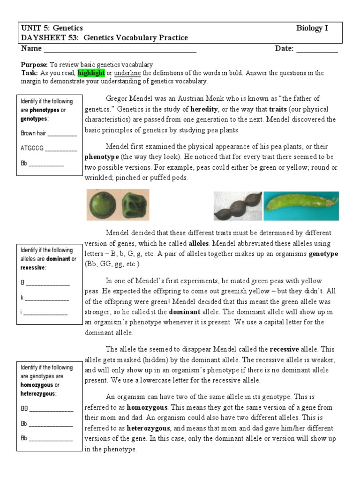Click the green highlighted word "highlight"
[x=91, y=74]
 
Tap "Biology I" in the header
[x=312, y=28]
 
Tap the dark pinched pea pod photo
[x=237, y=205]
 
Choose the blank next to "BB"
[x=52, y=409]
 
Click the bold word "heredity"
[x=204, y=109]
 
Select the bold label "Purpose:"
[x=34, y=65]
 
